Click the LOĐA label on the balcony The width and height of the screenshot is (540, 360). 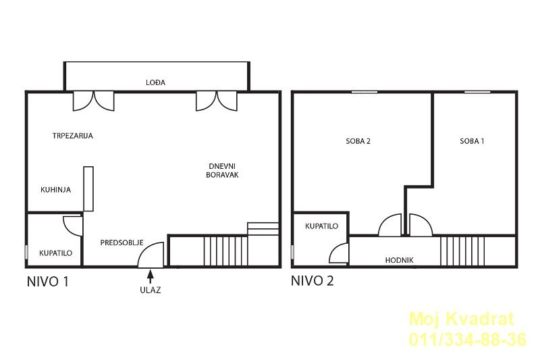pyautogui.click(x=156, y=82)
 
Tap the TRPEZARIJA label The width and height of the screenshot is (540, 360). pyautogui.click(x=73, y=136)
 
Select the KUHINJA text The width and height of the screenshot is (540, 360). pyautogui.click(x=56, y=190)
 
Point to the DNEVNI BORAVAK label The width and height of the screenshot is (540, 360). pyautogui.click(x=223, y=170)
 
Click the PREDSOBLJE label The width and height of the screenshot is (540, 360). pyautogui.click(x=122, y=243)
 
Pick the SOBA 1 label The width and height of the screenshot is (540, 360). pyautogui.click(x=472, y=141)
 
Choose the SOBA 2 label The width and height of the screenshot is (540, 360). pyautogui.click(x=358, y=141)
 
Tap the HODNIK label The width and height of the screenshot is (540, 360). pyautogui.click(x=400, y=260)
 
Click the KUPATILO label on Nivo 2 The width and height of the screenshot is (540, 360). pyautogui.click(x=322, y=226)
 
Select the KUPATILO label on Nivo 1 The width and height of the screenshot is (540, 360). pyautogui.click(x=56, y=253)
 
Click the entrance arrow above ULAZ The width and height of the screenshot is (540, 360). pyautogui.click(x=150, y=276)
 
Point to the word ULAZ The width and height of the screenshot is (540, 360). pyautogui.click(x=150, y=290)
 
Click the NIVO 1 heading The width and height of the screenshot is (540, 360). pyautogui.click(x=48, y=282)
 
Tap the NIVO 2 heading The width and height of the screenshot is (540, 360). pyautogui.click(x=313, y=281)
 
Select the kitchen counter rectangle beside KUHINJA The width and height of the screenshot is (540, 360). pyautogui.click(x=88, y=189)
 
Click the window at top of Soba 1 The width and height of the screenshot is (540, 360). pyautogui.click(x=477, y=92)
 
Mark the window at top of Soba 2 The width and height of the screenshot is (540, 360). pyautogui.click(x=364, y=92)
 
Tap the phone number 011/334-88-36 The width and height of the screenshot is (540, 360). pyautogui.click(x=468, y=339)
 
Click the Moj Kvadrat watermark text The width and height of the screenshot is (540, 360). pyautogui.click(x=462, y=319)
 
